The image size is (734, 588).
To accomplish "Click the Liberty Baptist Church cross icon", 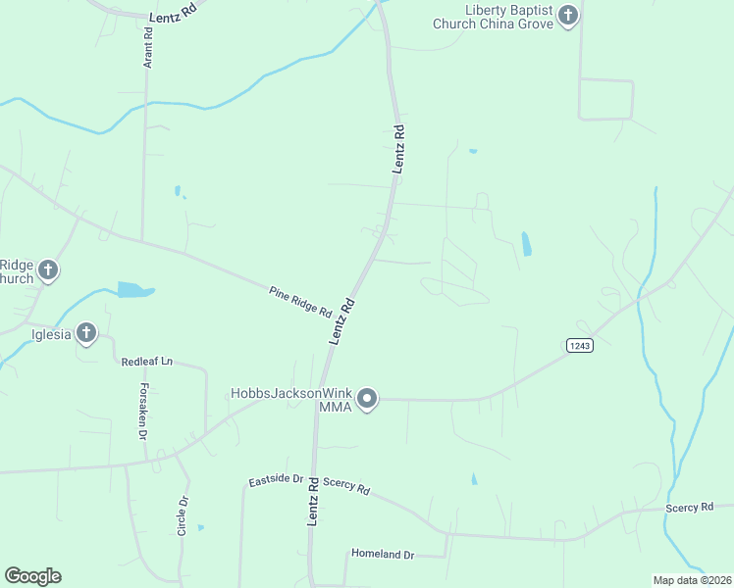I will (x=568, y=16).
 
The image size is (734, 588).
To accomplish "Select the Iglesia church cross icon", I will (x=86, y=334).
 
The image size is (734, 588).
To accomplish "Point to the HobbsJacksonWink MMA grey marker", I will (x=367, y=399).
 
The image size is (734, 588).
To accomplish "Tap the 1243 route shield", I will (x=579, y=345).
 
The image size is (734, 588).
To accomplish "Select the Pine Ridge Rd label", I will (x=300, y=301).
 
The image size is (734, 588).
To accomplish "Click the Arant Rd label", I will (x=149, y=46).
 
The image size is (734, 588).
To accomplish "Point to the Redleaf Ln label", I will (x=146, y=363).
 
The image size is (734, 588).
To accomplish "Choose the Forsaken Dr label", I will (x=142, y=410).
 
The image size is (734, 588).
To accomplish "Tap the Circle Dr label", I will (x=183, y=515).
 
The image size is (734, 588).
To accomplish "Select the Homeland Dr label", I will (x=384, y=555).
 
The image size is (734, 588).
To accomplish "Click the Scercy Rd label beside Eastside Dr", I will (x=345, y=487).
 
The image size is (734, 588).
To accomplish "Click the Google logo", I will (x=32, y=576).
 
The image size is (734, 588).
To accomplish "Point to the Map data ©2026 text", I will (x=692, y=580).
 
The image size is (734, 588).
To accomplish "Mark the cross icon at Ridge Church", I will (x=47, y=271).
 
